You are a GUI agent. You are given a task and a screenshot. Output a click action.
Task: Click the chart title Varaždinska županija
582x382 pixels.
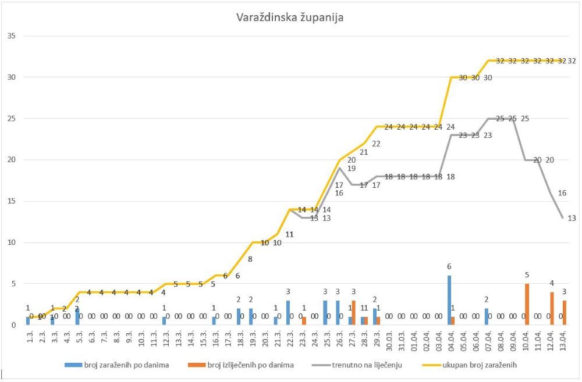pyautogui.click(x=290, y=17)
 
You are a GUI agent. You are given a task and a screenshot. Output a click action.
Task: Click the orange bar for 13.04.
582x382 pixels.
pyautogui.click(x=564, y=312)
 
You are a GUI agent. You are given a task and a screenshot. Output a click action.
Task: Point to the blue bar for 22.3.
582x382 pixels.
pyautogui.click(x=288, y=312)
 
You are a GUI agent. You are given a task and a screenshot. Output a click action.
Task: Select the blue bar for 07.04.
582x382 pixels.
pyautogui.click(x=486, y=316)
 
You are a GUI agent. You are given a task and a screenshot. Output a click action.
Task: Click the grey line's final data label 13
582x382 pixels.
pyautogui.click(x=572, y=218)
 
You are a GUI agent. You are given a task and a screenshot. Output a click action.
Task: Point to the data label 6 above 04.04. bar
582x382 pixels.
pyautogui.click(x=449, y=266)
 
